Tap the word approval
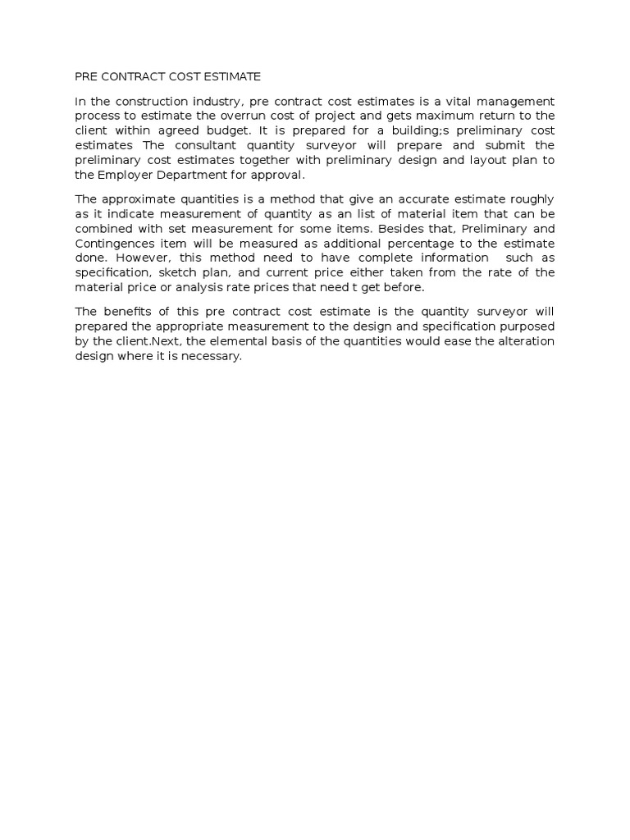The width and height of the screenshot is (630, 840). (x=279, y=175)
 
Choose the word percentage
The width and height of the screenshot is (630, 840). (x=396, y=244)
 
